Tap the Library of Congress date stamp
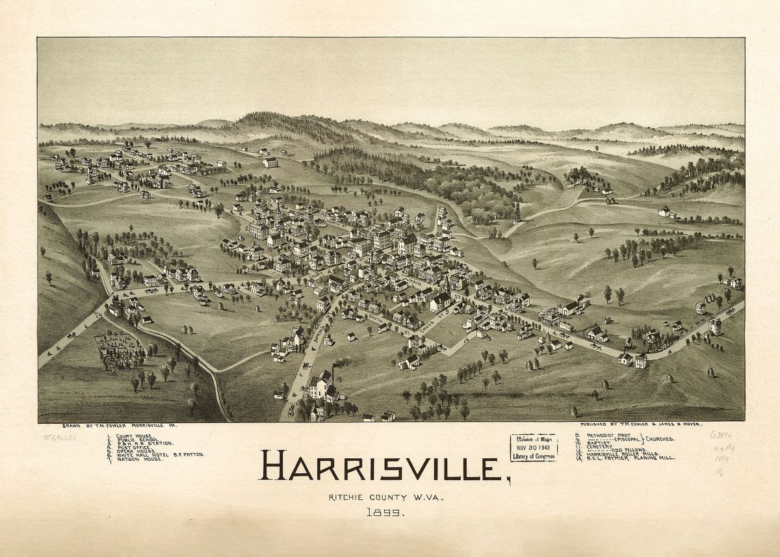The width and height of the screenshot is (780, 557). tap(533, 448)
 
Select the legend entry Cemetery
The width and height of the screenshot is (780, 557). tap(602, 446)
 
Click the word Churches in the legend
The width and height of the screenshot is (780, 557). tap(660, 439)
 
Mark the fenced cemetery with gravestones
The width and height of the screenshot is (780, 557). tap(120, 351)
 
